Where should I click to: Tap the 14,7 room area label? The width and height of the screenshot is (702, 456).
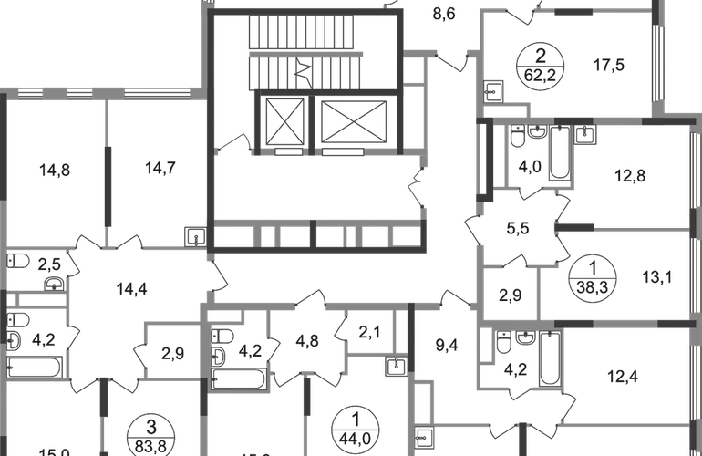click(x=160, y=167)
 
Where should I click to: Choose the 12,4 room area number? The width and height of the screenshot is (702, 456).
click(x=625, y=372)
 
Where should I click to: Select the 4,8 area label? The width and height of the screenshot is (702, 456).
click(x=310, y=343)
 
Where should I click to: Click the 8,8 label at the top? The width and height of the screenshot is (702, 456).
click(x=444, y=14)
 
